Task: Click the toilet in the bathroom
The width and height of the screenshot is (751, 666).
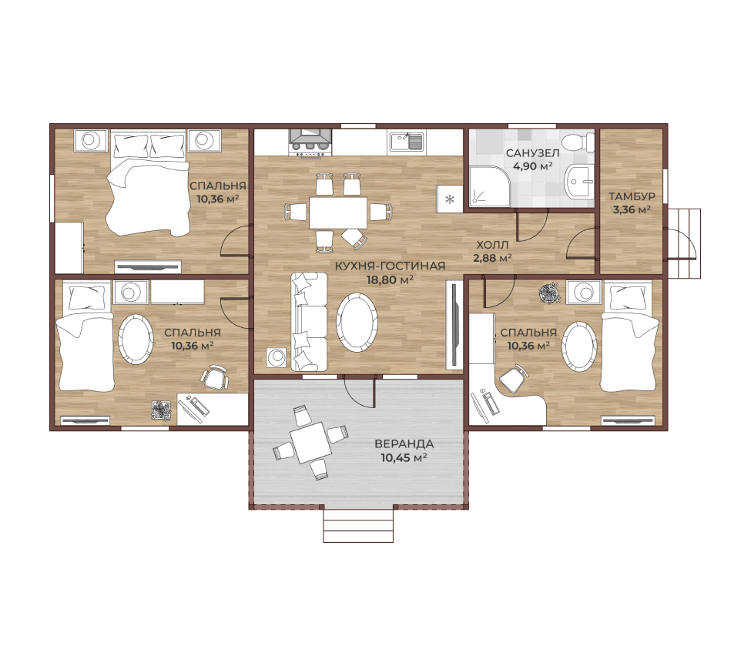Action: [x=578, y=142]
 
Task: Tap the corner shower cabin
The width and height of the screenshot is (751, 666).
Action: [x=488, y=186]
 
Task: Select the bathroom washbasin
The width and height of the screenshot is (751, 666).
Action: [x=578, y=182]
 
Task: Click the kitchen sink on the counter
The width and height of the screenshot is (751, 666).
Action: [x=406, y=142]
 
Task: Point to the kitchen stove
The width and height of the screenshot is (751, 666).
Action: [x=310, y=142]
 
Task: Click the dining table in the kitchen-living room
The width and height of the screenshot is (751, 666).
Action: [x=338, y=212]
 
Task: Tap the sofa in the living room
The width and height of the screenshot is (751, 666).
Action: [x=309, y=321]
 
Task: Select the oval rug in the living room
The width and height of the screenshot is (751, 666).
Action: [x=357, y=323]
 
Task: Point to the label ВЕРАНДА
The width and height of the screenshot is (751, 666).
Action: [x=404, y=443]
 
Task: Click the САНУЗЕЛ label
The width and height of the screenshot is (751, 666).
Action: [x=532, y=153]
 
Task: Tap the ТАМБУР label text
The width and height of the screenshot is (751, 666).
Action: [x=632, y=196]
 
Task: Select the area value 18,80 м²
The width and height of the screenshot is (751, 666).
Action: [x=391, y=279]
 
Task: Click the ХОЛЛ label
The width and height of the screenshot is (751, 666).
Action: [x=492, y=245]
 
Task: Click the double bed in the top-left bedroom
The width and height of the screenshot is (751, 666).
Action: [x=148, y=183]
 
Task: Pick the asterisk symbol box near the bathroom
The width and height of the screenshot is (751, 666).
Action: [x=450, y=199]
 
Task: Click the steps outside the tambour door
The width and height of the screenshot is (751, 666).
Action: [x=683, y=243]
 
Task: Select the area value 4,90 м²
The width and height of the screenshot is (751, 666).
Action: [x=532, y=166]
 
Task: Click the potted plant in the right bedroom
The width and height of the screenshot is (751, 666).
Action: [x=550, y=293]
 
